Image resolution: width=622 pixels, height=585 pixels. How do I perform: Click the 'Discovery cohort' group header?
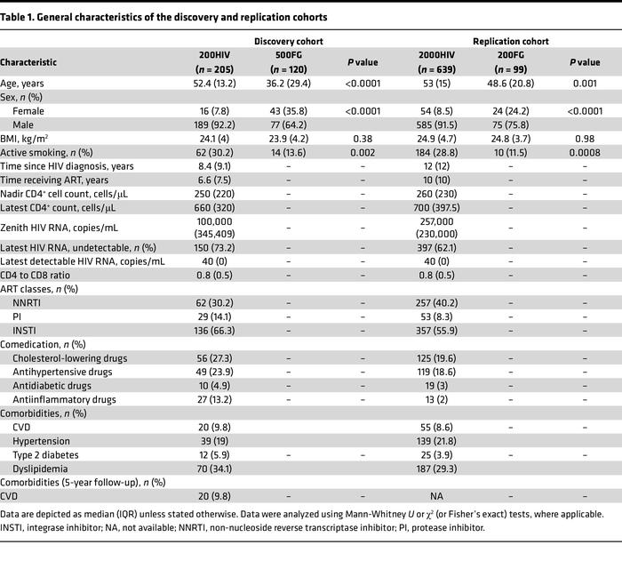tap(288, 41)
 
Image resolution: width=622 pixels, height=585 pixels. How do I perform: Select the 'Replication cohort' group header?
tap(510, 41)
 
